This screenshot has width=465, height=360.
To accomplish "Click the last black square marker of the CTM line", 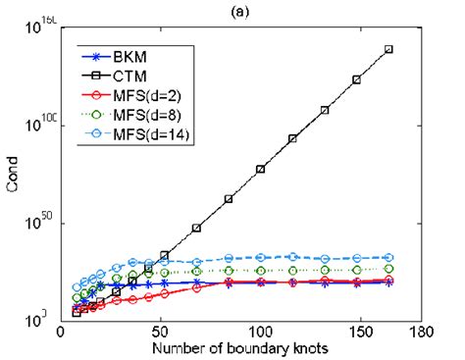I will pyautogui.click(x=388, y=49).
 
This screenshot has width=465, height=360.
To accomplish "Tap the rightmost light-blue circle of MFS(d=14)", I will pyautogui.click(x=388, y=257).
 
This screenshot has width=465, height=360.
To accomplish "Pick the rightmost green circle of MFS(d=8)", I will pyautogui.click(x=388, y=268).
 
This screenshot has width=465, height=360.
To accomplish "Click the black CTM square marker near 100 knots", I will pyautogui.click(x=261, y=169).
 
